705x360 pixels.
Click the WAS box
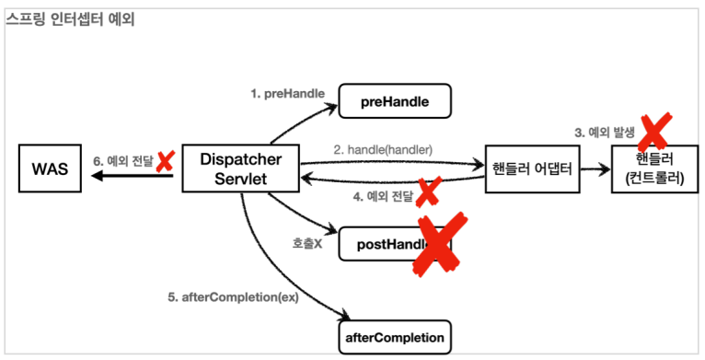(49, 169)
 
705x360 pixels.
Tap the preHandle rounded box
(396, 101)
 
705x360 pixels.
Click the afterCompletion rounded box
(396, 337)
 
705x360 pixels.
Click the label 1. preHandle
(283, 94)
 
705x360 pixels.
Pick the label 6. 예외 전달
(123, 162)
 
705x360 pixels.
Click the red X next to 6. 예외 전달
(166, 162)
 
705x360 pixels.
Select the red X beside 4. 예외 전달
(427, 192)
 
